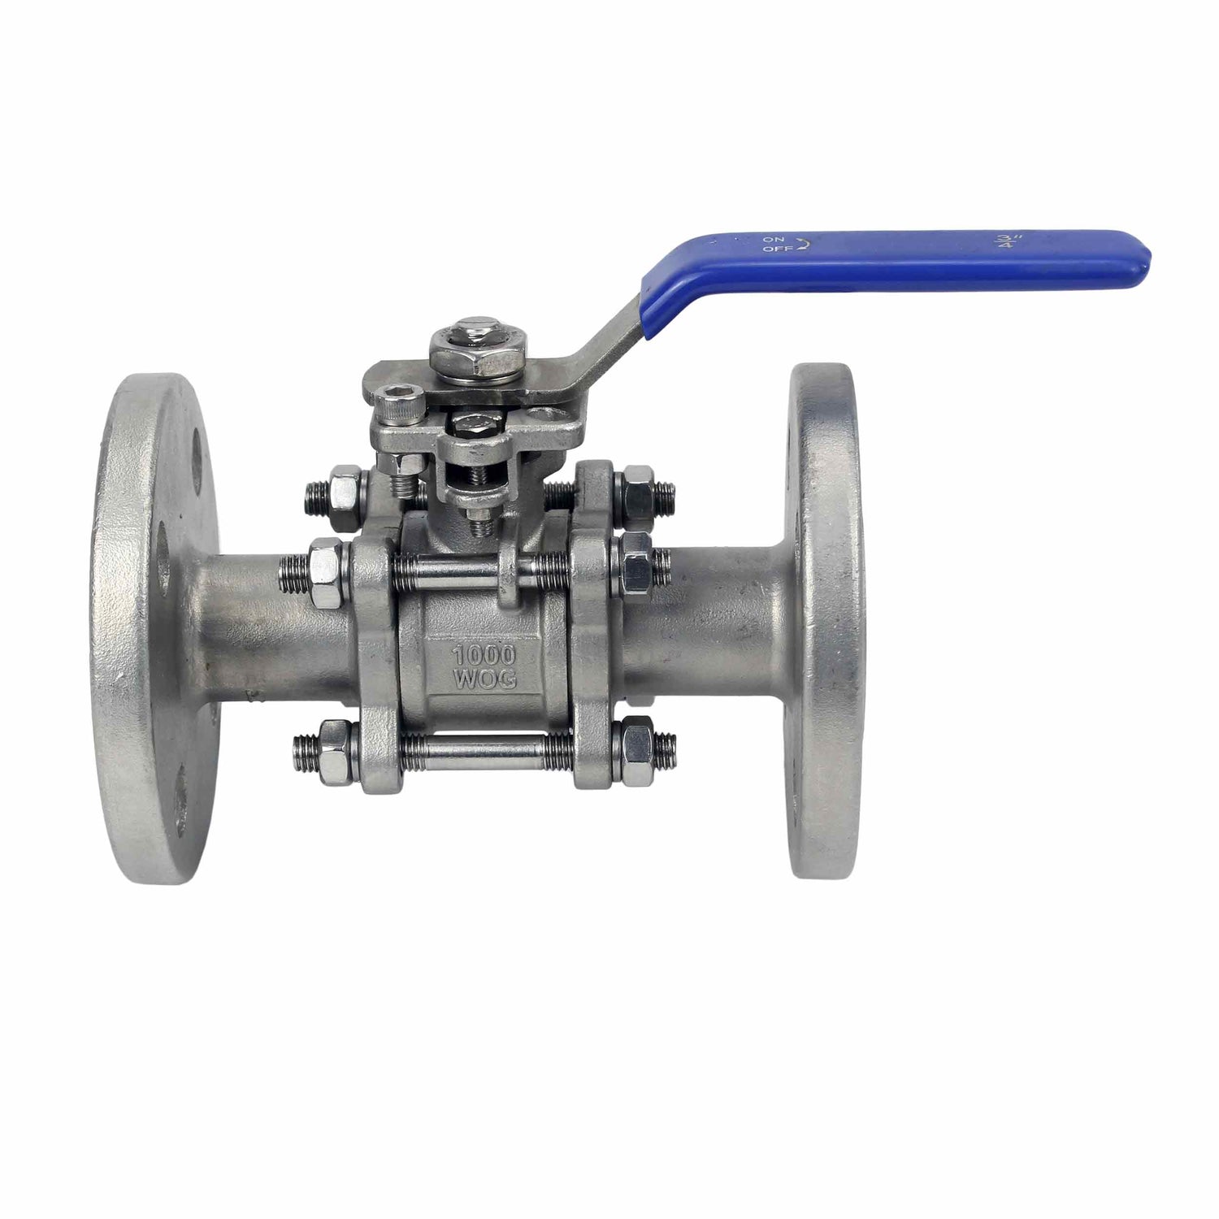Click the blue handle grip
pyautogui.click(x=894, y=256)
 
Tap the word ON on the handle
pyautogui.click(x=772, y=240)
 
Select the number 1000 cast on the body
pyautogui.click(x=484, y=656)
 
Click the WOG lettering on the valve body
pyautogui.click(x=484, y=680)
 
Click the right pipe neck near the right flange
pyautogui.click(x=715, y=618)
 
